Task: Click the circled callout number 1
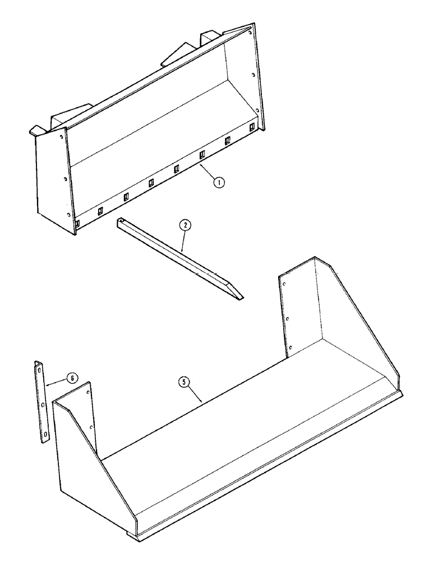tap(219, 182)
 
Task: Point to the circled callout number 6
tap(71, 378)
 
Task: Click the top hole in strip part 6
tap(39, 369)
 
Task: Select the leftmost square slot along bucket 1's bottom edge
tap(77, 223)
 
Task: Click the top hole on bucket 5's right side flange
tap(285, 284)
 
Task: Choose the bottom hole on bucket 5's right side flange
tap(290, 351)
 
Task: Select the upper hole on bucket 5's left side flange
tap(89, 393)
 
